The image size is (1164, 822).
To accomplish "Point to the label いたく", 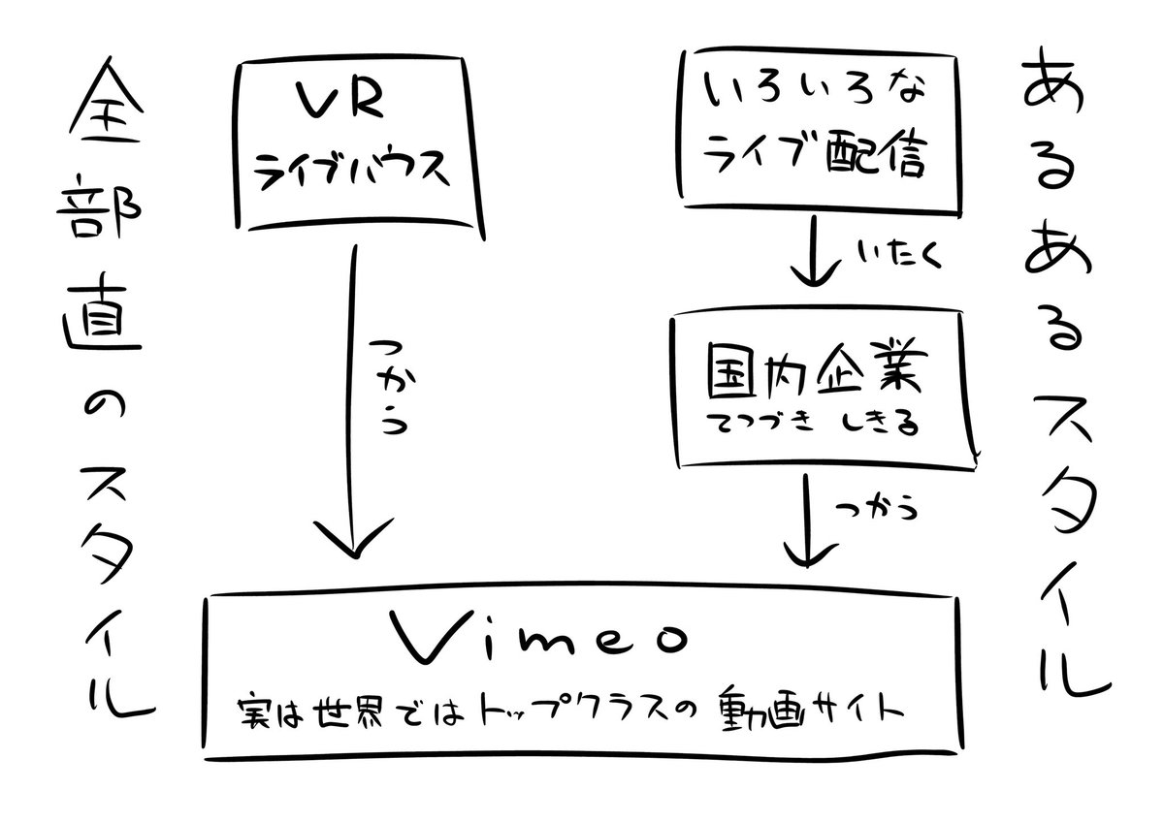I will tap(890, 255).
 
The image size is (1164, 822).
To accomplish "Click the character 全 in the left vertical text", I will tap(104, 113).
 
